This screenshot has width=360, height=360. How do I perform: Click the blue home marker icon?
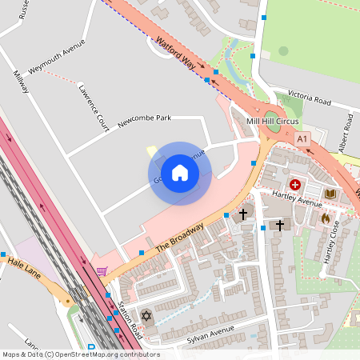180,173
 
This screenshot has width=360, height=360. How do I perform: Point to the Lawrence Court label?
92,107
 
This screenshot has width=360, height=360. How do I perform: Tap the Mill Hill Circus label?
271,121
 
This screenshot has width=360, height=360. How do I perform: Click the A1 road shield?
302,139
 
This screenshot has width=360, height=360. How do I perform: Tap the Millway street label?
20,81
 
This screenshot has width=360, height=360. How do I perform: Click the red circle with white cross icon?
295,185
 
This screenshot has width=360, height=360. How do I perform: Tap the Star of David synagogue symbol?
146,316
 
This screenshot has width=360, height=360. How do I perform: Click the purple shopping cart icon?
102,272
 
